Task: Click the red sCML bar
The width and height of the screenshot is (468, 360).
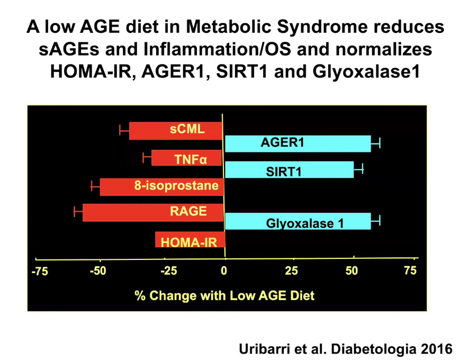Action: pos(175,131)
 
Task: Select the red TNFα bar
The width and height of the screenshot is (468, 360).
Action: pos(186,158)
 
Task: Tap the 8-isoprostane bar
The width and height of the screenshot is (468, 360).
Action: pos(161,187)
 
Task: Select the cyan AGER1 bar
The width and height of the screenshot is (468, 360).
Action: pos(298,143)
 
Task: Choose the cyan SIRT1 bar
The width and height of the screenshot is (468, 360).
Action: pos(289,169)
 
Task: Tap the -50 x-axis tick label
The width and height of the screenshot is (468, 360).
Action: pos(98,272)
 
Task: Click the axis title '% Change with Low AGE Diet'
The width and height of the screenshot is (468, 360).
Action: pos(224,295)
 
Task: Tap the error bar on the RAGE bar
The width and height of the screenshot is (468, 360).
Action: pos(78,212)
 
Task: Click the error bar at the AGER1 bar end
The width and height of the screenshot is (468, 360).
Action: pos(375,143)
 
